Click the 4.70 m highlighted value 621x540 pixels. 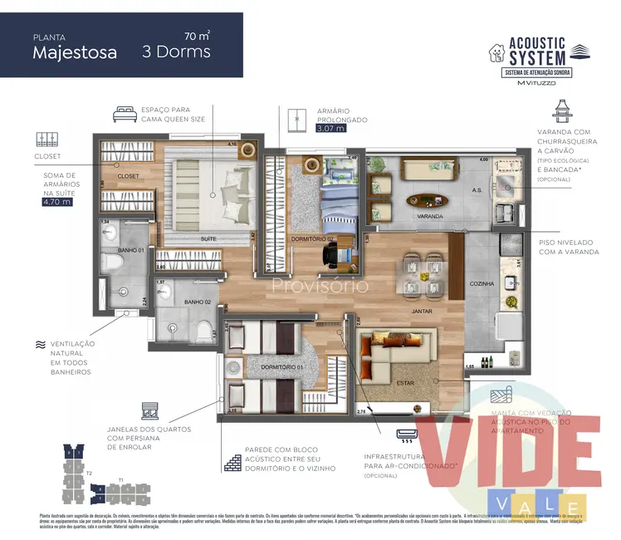coord(56,201)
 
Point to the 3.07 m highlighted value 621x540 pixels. coord(330,129)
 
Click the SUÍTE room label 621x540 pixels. coord(208,238)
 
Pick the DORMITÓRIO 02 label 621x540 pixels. coord(311,239)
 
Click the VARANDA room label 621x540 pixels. coord(430,216)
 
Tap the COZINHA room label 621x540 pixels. coord(482,284)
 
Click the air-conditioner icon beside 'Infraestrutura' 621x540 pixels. coord(408,434)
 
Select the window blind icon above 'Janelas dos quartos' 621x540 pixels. coord(150,410)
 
